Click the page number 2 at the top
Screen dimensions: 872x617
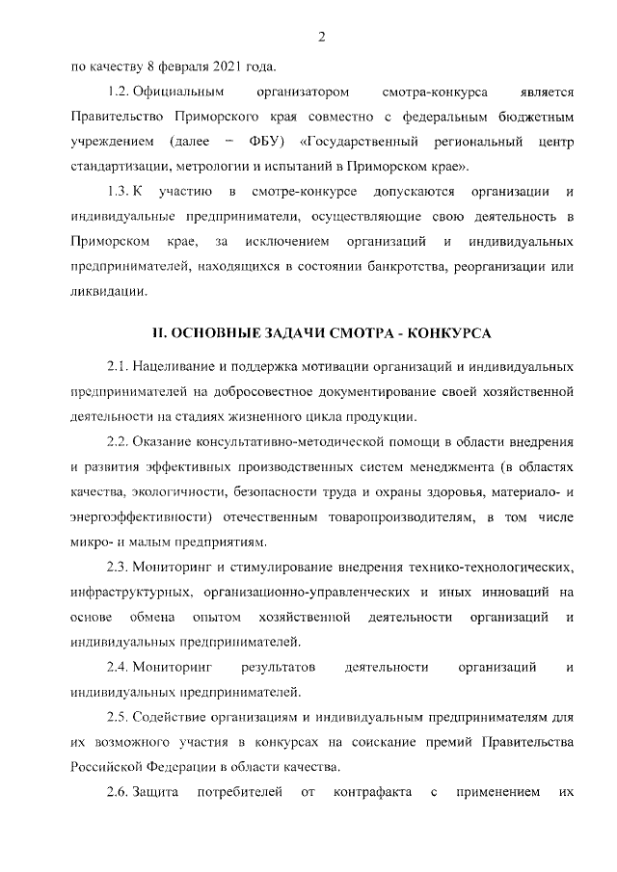[x=320, y=38]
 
